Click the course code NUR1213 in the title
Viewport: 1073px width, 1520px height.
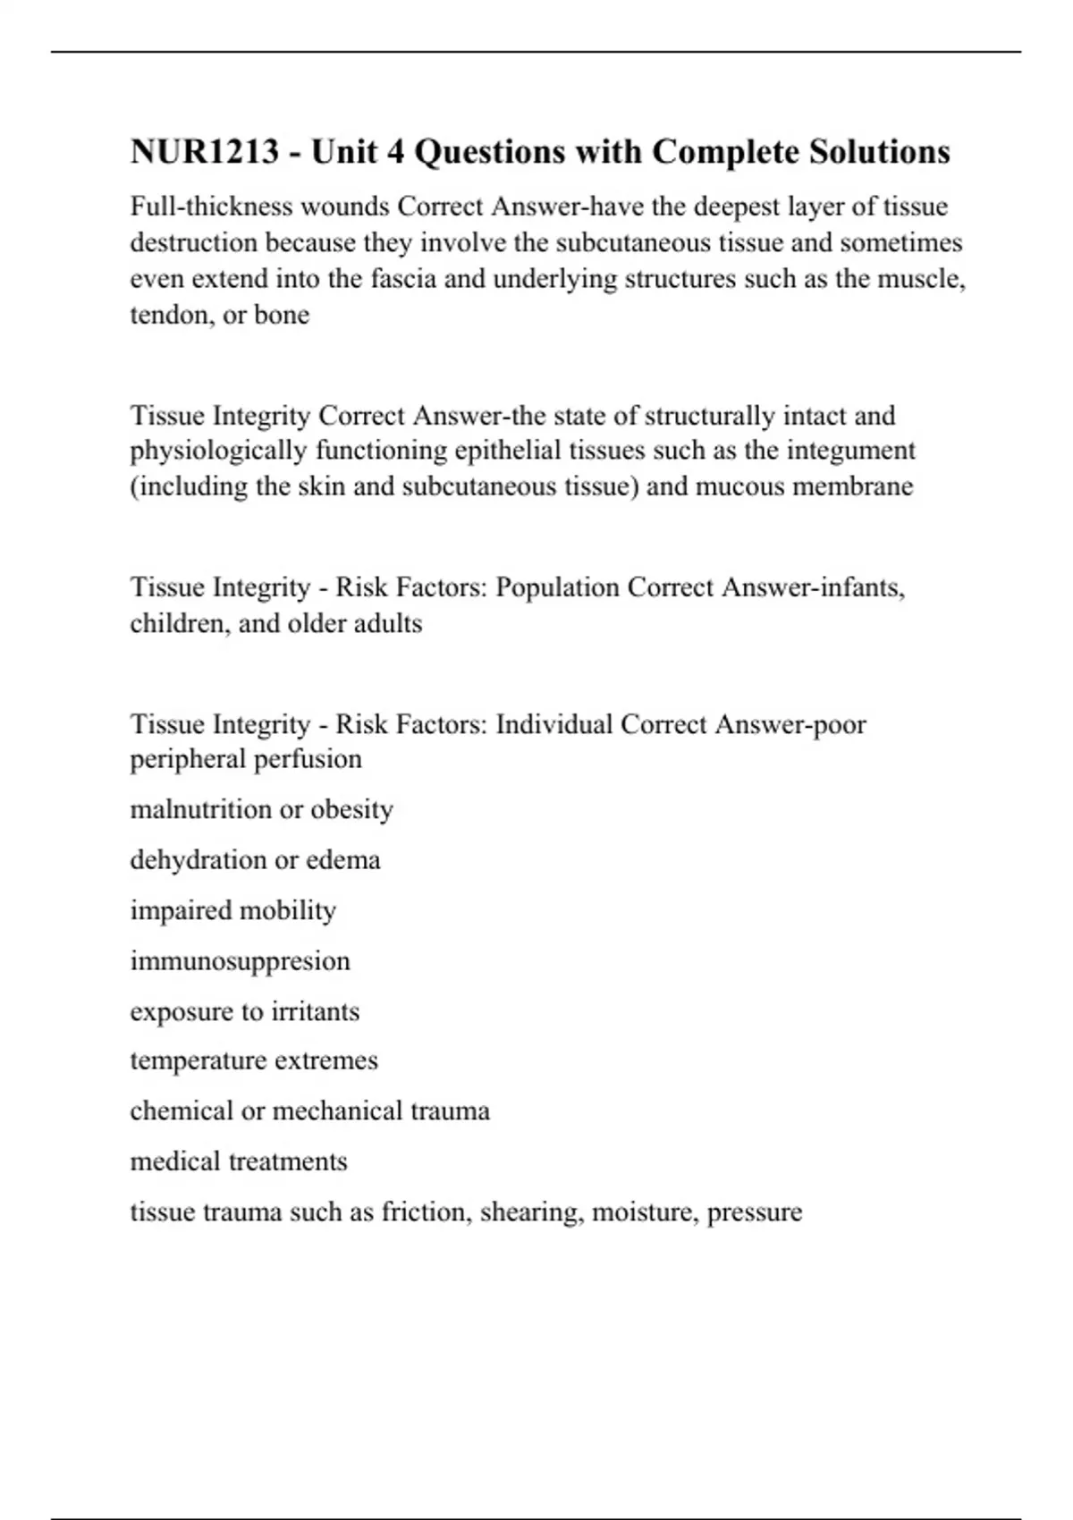[205, 152]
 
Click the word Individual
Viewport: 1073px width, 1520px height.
[553, 724]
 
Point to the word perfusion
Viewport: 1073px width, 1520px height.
[308, 759]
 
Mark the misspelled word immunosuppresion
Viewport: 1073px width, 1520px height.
[240, 961]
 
